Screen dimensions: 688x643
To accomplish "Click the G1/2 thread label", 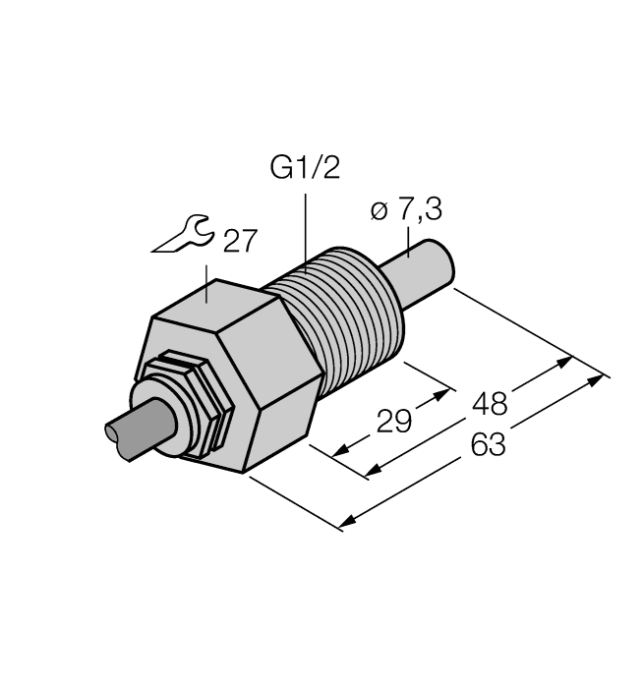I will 305,169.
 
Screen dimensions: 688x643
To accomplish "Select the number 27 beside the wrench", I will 242,242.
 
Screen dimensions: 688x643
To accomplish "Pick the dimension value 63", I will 488,445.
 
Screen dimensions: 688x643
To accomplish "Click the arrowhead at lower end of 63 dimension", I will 345,522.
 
